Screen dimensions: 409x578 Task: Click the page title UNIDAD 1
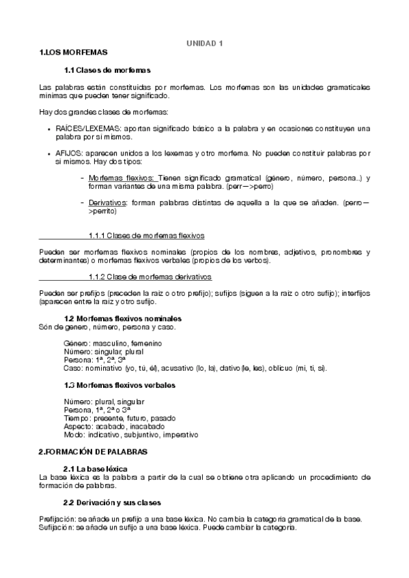coord(205,43)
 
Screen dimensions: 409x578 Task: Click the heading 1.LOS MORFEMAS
coord(73,52)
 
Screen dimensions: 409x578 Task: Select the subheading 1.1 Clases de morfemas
coord(107,70)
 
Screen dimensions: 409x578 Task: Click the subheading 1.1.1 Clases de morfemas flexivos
coord(146,236)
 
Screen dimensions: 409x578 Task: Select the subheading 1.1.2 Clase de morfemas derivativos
coord(150,276)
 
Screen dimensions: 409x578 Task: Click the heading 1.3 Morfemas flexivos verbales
coord(119,385)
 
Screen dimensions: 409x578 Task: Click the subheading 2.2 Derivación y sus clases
coord(113,502)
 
